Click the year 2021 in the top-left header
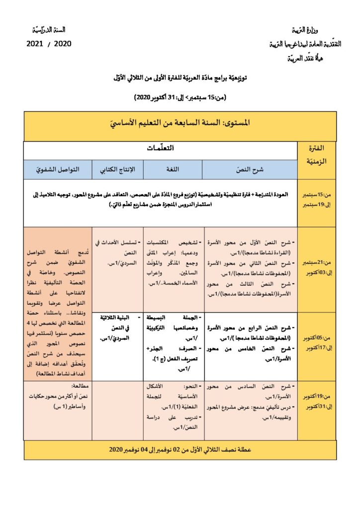pyautogui.click(x=37, y=43)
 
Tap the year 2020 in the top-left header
pyautogui.click(x=62, y=43)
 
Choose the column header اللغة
pyautogui.click(x=174, y=170)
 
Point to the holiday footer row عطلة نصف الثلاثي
pyautogui.click(x=180, y=449)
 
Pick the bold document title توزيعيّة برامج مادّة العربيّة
pyautogui.click(x=180, y=78)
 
